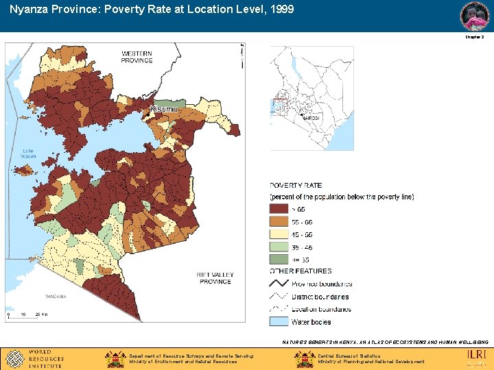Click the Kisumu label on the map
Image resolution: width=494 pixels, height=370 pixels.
[x=163, y=109]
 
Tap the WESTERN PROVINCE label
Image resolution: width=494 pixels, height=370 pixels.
[x=137, y=57]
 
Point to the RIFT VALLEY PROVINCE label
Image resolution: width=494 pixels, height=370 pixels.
[x=215, y=278]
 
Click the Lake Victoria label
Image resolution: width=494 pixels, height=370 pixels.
[x=28, y=153]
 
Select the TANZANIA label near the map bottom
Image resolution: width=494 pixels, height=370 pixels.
[x=56, y=297]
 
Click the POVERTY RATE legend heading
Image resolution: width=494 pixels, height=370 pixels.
[x=296, y=186]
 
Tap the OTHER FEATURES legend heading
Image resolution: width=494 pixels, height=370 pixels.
[x=301, y=271]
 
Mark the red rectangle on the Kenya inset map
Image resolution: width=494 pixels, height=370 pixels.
[x=279, y=106]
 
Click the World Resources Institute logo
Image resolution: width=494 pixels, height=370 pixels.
[x=34, y=358]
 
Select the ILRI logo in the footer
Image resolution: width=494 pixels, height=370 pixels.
[x=477, y=356]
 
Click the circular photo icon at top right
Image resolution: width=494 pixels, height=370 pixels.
[x=474, y=16]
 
